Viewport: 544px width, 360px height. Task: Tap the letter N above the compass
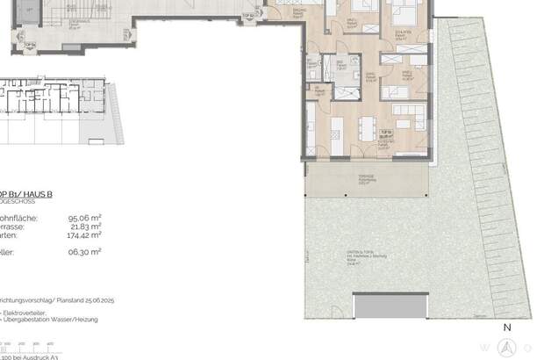(506, 328)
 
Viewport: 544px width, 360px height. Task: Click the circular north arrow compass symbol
(506, 348)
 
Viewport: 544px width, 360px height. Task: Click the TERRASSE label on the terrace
(366, 176)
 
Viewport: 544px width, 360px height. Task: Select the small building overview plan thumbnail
(53, 110)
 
